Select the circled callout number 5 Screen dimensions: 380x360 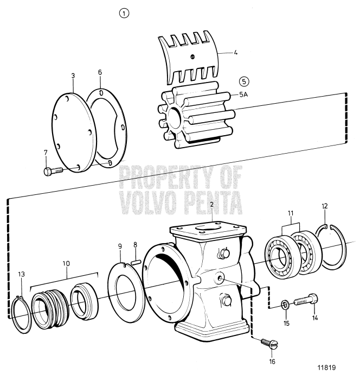click(245, 81)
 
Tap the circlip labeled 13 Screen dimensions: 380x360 click(21, 314)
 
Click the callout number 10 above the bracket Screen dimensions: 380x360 click(66, 263)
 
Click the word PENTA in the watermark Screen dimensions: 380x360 click(207, 205)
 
